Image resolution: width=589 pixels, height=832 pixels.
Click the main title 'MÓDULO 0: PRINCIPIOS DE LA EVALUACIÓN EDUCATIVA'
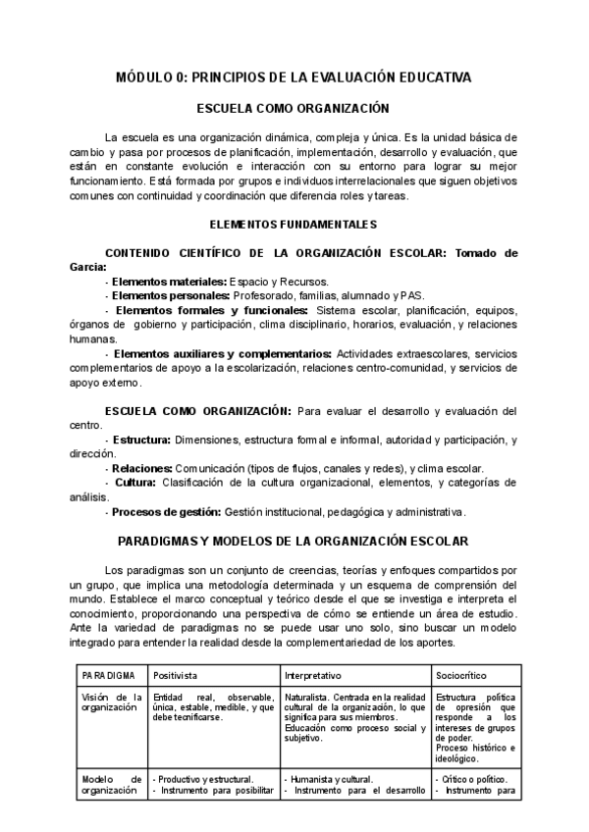click(294, 77)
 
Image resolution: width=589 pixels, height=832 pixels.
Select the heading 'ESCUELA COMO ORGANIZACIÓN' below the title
click(294, 109)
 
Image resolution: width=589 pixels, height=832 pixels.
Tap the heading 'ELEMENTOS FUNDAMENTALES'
click(294, 225)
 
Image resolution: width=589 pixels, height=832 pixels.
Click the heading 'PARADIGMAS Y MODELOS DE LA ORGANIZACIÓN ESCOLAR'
click(294, 541)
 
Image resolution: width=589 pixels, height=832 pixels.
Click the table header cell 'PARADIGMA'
click(110, 677)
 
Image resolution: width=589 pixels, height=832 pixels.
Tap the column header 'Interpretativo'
click(313, 677)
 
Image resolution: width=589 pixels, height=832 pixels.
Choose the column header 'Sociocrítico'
click(461, 677)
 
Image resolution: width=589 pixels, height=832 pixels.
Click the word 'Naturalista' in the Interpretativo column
click(308, 697)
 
